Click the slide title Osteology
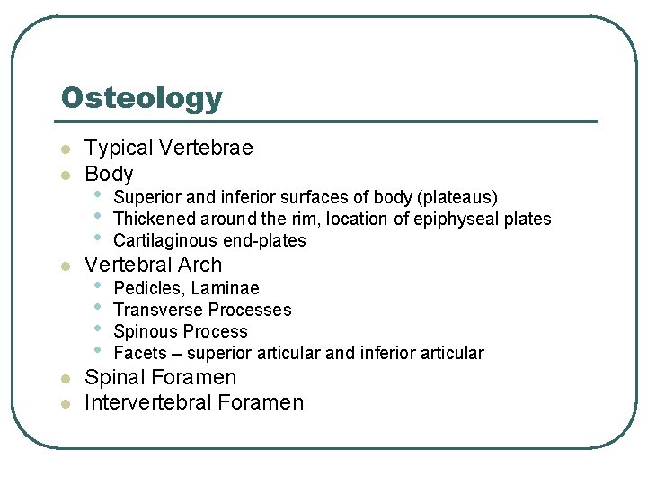(x=142, y=98)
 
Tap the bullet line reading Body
(x=109, y=174)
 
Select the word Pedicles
(x=146, y=288)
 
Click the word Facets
(x=140, y=353)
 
